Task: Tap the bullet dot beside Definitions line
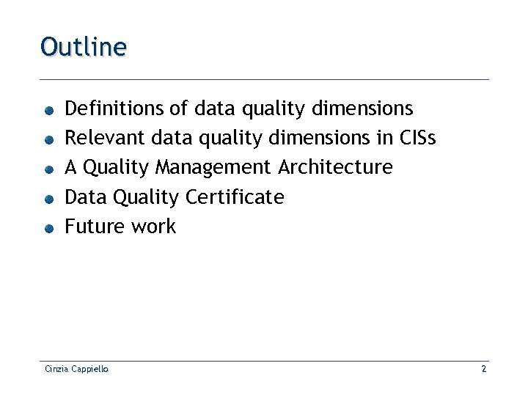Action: pos(47,111)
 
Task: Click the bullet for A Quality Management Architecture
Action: pos(47,169)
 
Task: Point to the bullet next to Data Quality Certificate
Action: pos(47,199)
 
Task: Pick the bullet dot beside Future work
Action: pos(47,228)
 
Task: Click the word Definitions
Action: pos(114,109)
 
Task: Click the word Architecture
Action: pos(335,167)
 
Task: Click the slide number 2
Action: pos(483,370)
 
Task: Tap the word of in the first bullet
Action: pos(178,109)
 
